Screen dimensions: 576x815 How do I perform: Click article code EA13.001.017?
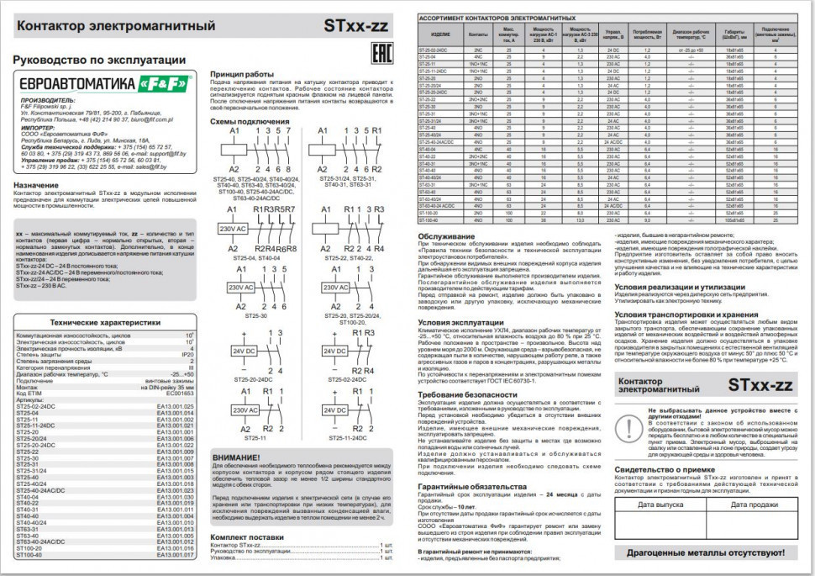tap(176, 555)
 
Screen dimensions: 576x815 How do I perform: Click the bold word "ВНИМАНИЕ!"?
tap(242, 457)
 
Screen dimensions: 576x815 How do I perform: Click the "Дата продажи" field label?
tap(754, 505)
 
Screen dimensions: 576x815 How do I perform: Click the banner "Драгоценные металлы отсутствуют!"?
tap(707, 554)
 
